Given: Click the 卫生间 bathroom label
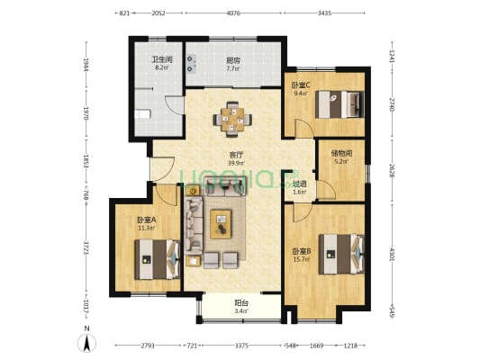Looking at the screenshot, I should tap(161, 60).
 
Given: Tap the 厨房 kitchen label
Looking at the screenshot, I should tap(233, 60).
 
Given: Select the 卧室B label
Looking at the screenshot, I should tap(301, 251).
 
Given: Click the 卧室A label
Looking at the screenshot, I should tap(147, 220).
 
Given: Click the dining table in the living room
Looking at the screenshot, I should tap(233, 118).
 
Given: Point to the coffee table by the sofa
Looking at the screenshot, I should tap(222, 223).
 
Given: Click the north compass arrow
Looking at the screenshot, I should tap(86, 341).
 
